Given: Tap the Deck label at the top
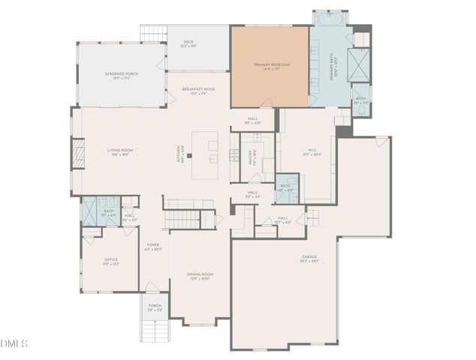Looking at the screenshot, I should pyautogui.click(x=188, y=45).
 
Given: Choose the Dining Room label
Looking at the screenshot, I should pyautogui.click(x=200, y=276).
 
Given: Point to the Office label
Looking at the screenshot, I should pyautogui.click(x=111, y=262).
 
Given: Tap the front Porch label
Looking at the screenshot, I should pyautogui.click(x=154, y=307).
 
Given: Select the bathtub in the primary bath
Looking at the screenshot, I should pyautogui.click(x=329, y=18).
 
